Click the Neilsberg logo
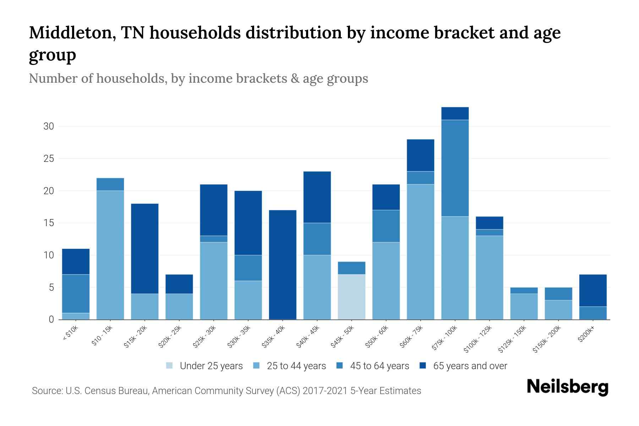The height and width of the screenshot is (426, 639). [x=567, y=387]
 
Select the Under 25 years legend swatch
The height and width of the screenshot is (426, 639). [x=170, y=366]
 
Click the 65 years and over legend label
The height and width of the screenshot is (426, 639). [x=470, y=366]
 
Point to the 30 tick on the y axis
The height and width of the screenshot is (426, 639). [x=49, y=126]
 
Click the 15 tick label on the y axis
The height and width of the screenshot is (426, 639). [x=49, y=223]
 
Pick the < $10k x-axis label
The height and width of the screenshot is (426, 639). [x=70, y=333]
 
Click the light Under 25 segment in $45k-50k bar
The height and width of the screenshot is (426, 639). [x=351, y=297]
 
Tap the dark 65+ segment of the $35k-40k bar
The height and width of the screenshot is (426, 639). [x=283, y=264]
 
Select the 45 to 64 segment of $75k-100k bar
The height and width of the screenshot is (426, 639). [x=455, y=168]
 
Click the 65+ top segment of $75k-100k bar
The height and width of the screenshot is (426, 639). [x=455, y=114]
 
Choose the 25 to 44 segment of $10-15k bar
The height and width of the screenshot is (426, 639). [x=110, y=255]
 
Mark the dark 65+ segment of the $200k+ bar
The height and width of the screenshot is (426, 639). [x=592, y=290]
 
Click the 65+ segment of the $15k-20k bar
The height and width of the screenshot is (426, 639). [x=145, y=248]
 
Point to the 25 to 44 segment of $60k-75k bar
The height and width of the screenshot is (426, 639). [x=420, y=252]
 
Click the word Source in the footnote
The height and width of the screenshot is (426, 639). [x=47, y=391]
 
